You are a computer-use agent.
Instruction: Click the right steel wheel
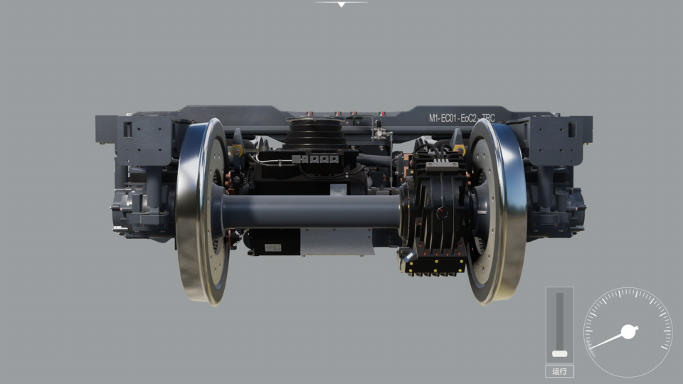click(x=498, y=211)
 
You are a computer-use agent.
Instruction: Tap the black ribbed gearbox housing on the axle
click(x=434, y=210)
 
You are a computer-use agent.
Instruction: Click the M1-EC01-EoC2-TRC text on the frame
click(x=461, y=118)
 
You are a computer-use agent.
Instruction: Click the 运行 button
click(x=559, y=371)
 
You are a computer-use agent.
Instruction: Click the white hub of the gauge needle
click(x=628, y=331)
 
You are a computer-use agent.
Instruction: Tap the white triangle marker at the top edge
click(x=341, y=4)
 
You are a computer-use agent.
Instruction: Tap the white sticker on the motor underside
click(x=272, y=247)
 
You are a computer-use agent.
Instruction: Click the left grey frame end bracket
click(x=142, y=139)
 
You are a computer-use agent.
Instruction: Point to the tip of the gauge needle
click(x=592, y=348)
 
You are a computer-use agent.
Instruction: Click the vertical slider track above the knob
click(x=559, y=320)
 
